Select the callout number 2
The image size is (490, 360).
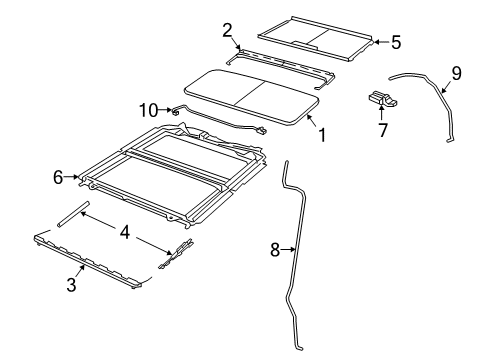[227, 29]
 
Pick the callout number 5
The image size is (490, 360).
[395, 42]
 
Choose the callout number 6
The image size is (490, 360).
[59, 177]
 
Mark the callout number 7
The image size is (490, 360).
[381, 131]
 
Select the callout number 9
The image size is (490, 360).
[456, 73]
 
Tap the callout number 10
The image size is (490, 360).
[148, 109]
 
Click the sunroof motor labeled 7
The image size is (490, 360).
[379, 99]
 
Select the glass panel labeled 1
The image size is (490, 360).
[250, 95]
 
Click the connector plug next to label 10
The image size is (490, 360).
[177, 112]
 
